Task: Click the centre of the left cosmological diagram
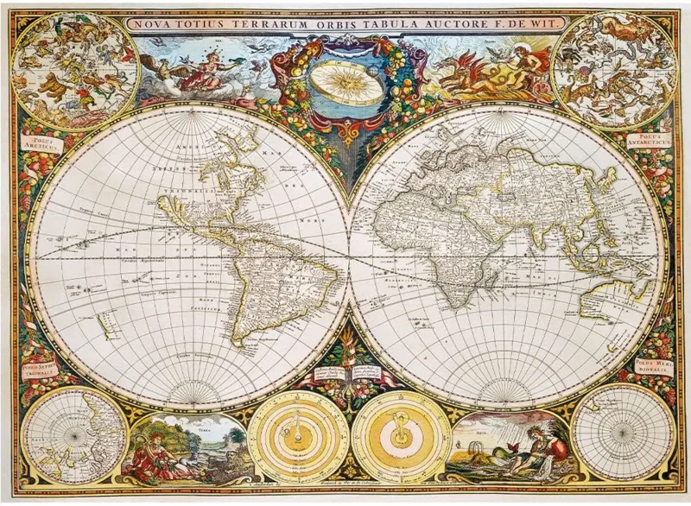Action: click(x=299, y=435)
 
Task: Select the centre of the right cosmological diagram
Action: click(x=400, y=435)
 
